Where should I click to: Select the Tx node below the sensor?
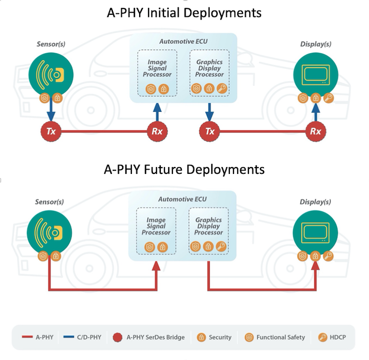click(x=51, y=131)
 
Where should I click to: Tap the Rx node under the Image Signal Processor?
click(x=157, y=131)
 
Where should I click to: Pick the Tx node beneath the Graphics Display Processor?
click(x=209, y=131)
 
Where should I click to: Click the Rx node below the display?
click(x=315, y=131)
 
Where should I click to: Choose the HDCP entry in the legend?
click(x=333, y=337)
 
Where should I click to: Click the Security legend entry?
click(x=220, y=337)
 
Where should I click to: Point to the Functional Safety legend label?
click(x=278, y=337)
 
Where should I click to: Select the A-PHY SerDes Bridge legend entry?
click(x=156, y=337)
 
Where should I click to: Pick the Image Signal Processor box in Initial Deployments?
click(x=157, y=73)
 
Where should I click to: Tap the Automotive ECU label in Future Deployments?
click(x=182, y=199)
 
